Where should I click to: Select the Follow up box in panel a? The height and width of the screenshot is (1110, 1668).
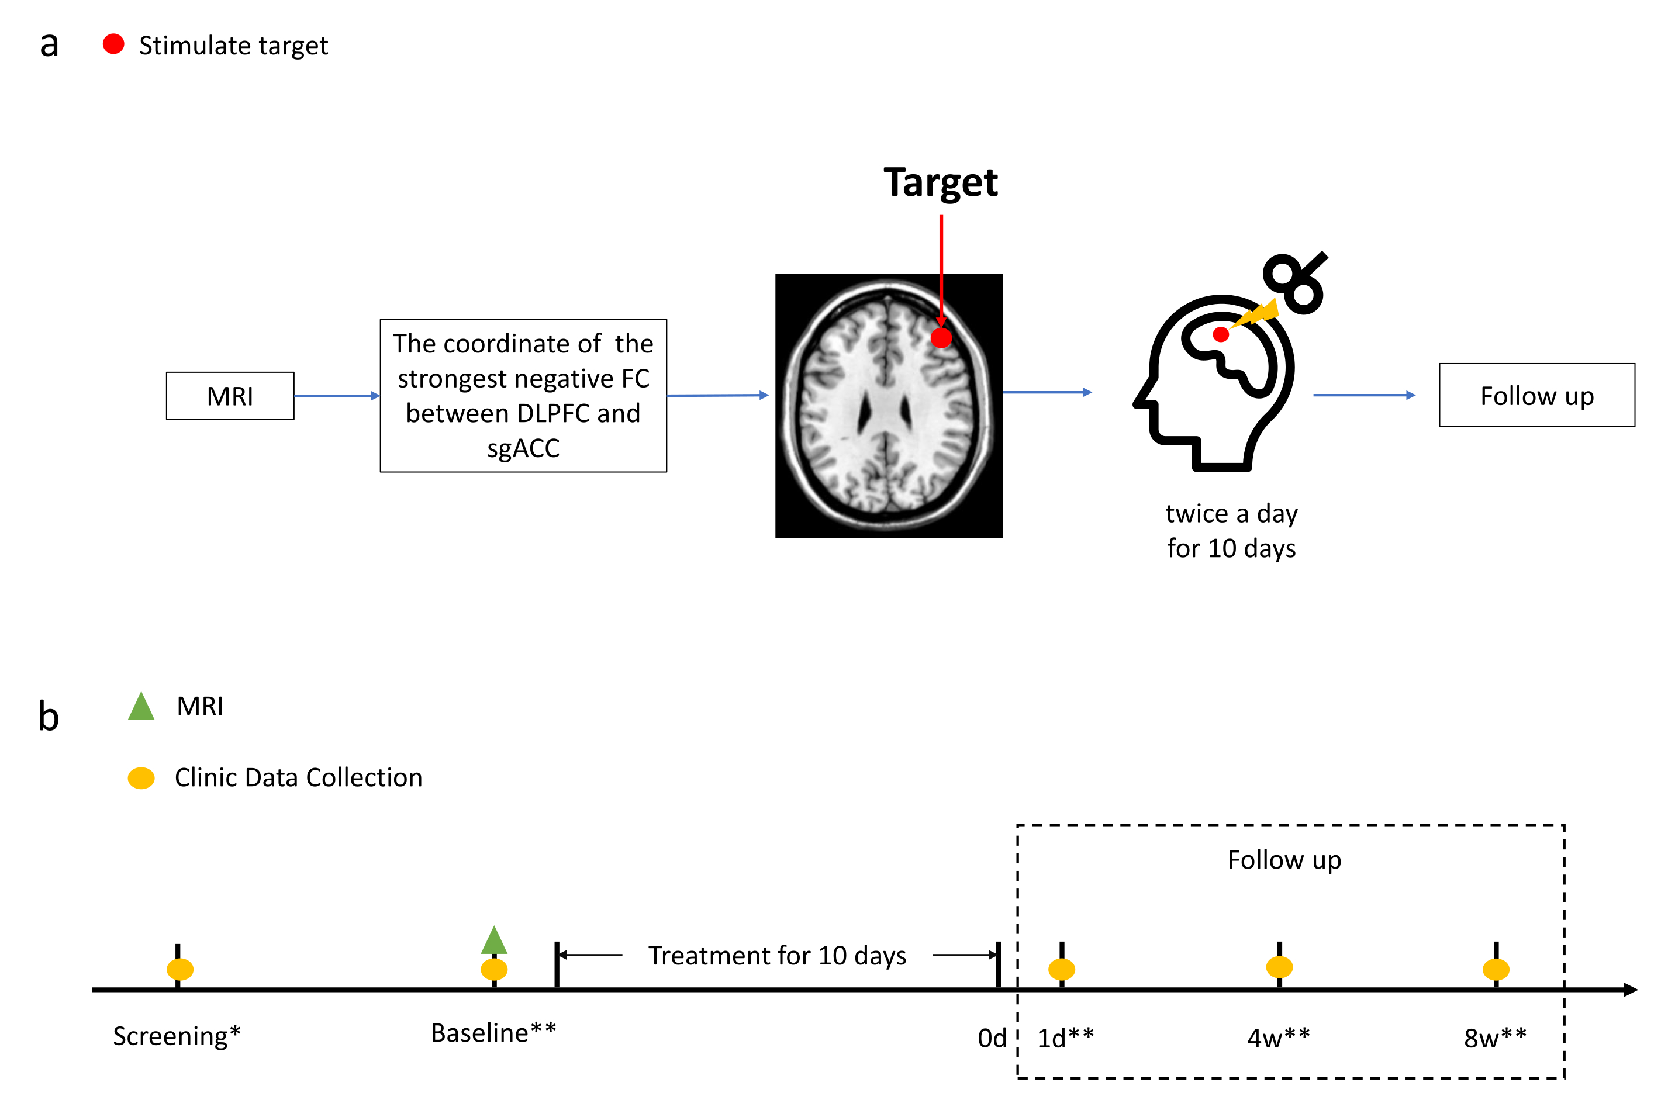point(1536,395)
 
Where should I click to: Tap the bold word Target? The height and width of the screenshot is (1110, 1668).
point(940,182)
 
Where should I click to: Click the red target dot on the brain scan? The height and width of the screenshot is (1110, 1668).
point(940,338)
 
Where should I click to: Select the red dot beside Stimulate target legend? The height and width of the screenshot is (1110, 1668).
point(113,44)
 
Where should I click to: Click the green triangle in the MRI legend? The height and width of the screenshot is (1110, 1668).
point(141,707)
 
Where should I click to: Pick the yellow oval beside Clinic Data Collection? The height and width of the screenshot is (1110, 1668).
point(141,778)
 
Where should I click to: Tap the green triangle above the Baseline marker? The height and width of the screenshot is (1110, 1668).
point(493,941)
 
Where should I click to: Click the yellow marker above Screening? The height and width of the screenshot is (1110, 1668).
point(180,969)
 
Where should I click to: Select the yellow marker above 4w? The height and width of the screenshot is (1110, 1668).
point(1279,966)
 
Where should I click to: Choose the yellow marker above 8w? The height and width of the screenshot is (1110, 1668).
point(1496,969)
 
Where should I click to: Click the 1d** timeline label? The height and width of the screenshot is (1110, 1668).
point(1065,1038)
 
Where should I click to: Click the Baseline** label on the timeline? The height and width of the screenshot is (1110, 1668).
point(493,1033)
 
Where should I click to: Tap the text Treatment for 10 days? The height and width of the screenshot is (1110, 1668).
point(776,955)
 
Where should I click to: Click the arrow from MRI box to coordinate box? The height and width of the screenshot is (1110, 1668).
point(336,396)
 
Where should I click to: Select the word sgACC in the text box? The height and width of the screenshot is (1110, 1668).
point(523,448)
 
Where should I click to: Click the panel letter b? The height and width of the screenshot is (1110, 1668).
point(48,717)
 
